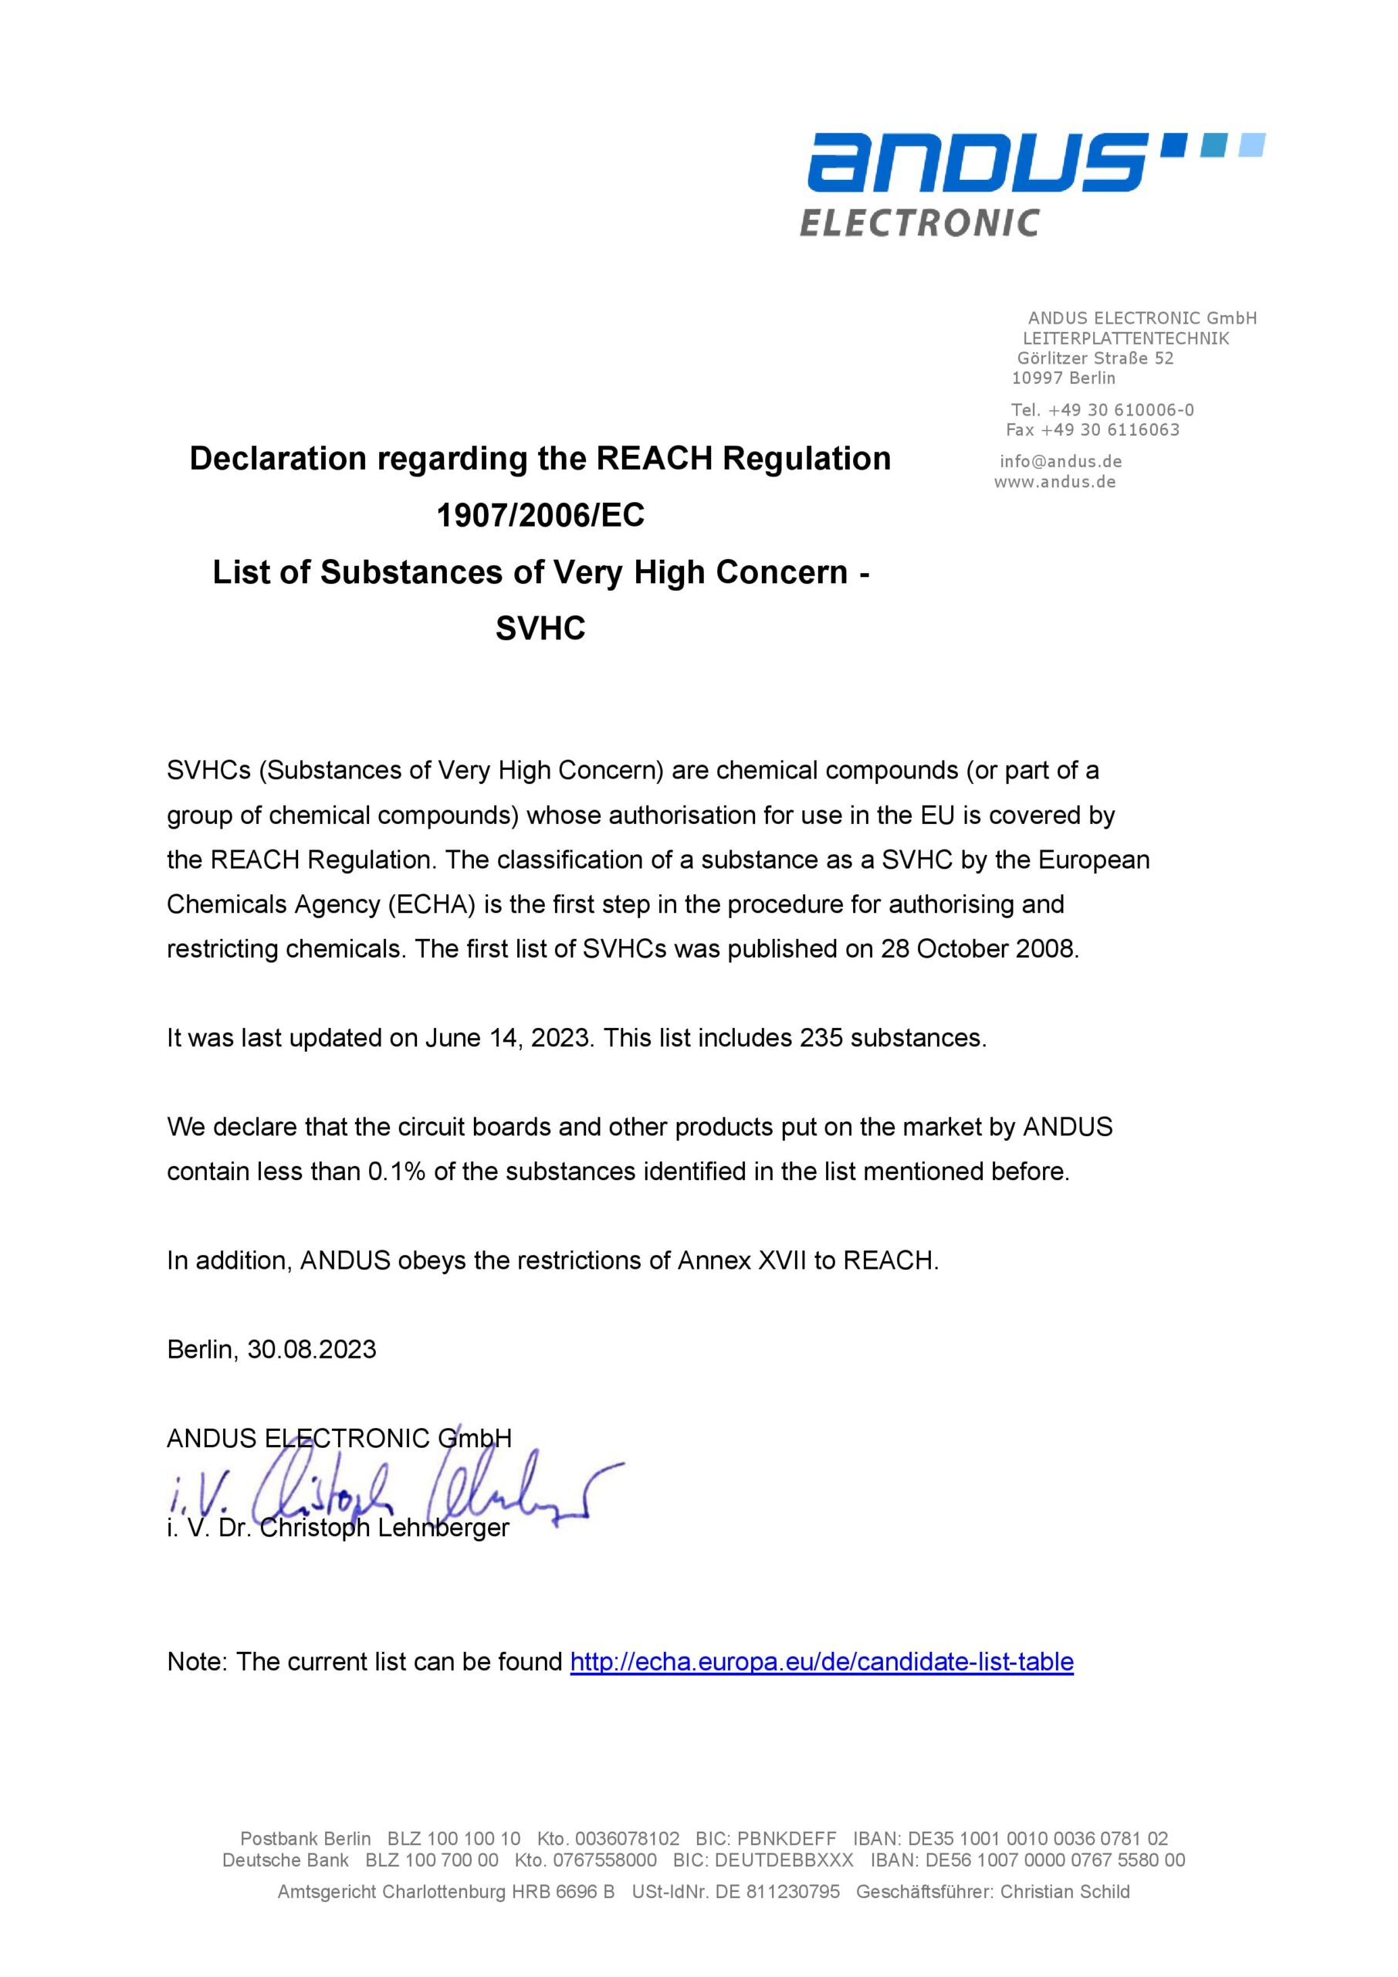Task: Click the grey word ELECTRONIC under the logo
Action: (x=919, y=223)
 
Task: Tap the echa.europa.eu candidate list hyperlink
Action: (x=821, y=1662)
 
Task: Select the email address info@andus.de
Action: (x=1061, y=462)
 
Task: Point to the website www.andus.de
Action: (x=1054, y=482)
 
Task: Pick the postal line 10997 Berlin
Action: (x=1063, y=378)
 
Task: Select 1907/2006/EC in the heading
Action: (x=540, y=516)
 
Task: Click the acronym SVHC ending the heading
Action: (x=540, y=629)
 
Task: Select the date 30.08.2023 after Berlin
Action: (x=312, y=1349)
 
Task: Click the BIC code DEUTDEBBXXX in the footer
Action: (x=784, y=1860)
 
